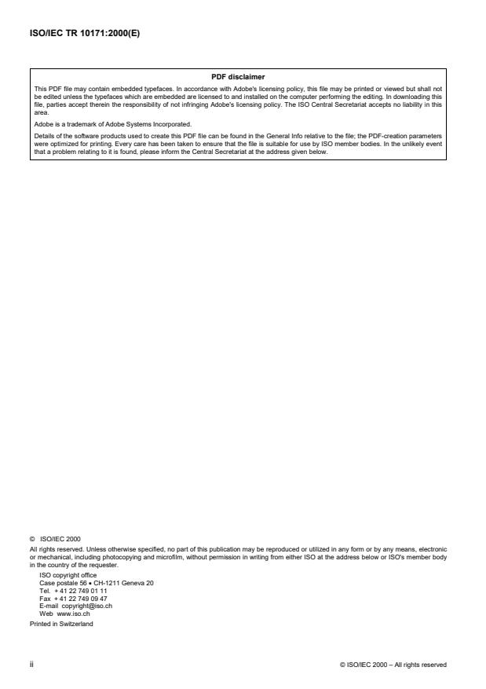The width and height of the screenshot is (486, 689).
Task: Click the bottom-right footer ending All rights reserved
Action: click(393, 664)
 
